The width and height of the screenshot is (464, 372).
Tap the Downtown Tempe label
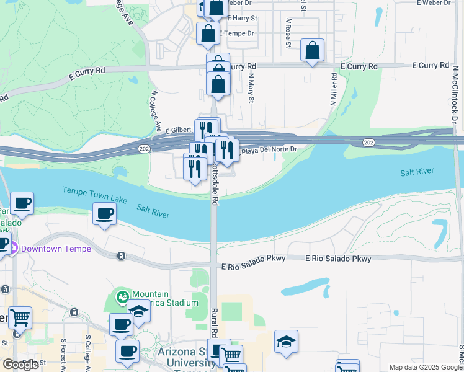[x=55, y=249]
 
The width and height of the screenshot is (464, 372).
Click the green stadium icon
[x=122, y=296]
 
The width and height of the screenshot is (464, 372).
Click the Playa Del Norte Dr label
[x=269, y=151]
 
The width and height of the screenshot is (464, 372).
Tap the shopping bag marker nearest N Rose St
[x=312, y=50]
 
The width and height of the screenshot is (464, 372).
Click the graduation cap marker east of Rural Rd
[x=286, y=342]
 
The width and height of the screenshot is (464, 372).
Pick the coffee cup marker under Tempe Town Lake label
[x=104, y=215]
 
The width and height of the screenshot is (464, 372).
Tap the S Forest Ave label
[x=64, y=354]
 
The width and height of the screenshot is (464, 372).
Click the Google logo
[x=20, y=365]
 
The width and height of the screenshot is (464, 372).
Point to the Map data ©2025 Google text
[x=426, y=367]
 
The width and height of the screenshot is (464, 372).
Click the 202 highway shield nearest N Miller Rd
[x=368, y=143]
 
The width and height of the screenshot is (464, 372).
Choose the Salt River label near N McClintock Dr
[x=416, y=172]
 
